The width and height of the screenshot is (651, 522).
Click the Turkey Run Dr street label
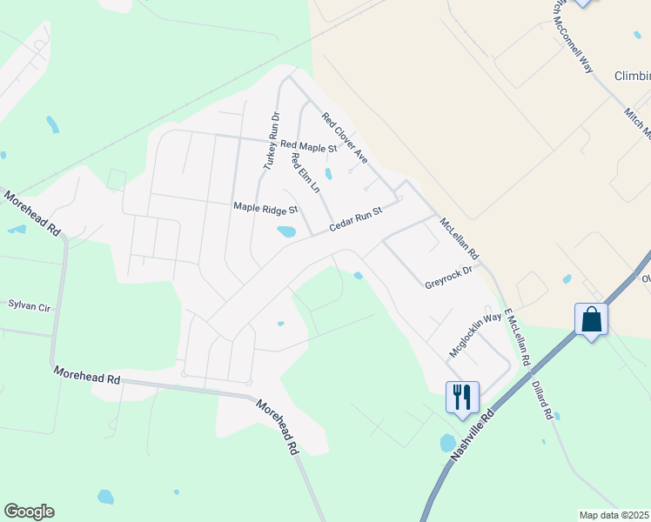[x=271, y=140]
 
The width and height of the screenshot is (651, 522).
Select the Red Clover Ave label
[x=345, y=137]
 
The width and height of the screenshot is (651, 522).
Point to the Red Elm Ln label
[x=305, y=173]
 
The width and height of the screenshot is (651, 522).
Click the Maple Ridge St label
[x=265, y=209]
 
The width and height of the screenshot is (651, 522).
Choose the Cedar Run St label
[x=356, y=219]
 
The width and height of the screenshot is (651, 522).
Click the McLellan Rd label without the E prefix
[x=460, y=240]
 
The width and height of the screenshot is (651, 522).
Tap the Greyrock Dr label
[x=447, y=278]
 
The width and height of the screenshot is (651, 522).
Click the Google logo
[x=29, y=512]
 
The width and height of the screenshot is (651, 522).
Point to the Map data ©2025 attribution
[x=614, y=515]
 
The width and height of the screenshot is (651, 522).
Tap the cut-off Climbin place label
[x=632, y=76]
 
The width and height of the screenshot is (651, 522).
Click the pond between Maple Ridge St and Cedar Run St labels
[x=285, y=231]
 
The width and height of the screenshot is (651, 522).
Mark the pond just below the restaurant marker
[x=447, y=443]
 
